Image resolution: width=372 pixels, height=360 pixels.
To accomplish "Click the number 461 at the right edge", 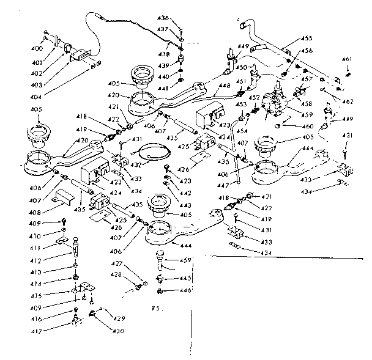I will coord(347,59).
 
